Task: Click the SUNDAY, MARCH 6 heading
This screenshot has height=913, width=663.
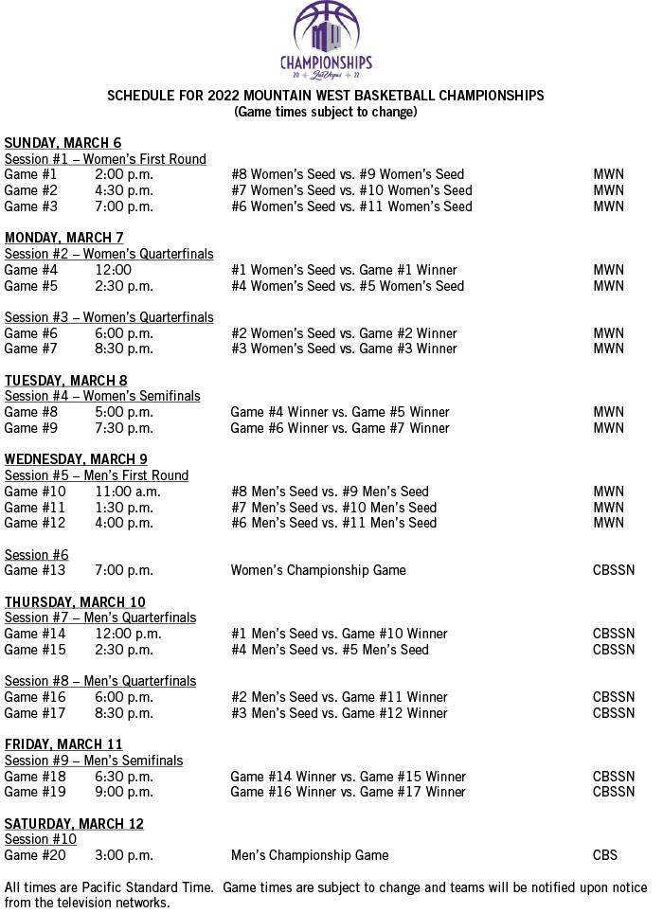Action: point(63,143)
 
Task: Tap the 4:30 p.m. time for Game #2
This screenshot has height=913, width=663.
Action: point(124,190)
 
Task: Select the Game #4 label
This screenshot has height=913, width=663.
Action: point(31,270)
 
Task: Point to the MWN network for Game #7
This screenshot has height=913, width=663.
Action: point(608,349)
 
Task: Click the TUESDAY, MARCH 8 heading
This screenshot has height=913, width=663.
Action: point(65,381)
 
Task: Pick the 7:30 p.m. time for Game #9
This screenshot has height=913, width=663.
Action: point(124,428)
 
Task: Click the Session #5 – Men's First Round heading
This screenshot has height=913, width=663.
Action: point(97,475)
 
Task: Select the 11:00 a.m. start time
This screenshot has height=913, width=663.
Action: point(128,492)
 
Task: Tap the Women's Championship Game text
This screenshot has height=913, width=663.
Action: point(318,570)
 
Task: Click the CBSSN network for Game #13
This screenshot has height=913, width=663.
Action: point(614,570)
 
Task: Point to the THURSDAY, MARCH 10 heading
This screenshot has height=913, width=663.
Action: point(75,602)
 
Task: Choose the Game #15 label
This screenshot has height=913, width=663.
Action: point(35,650)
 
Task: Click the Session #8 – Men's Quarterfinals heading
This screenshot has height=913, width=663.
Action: point(100,681)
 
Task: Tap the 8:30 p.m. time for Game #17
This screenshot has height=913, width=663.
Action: point(124,713)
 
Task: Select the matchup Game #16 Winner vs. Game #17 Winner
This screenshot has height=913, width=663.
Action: point(348,792)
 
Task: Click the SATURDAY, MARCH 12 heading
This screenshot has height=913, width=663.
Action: point(74,824)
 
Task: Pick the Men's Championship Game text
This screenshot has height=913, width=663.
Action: point(310,855)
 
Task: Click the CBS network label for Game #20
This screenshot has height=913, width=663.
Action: point(605,855)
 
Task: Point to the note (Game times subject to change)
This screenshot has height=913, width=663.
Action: point(326,112)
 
